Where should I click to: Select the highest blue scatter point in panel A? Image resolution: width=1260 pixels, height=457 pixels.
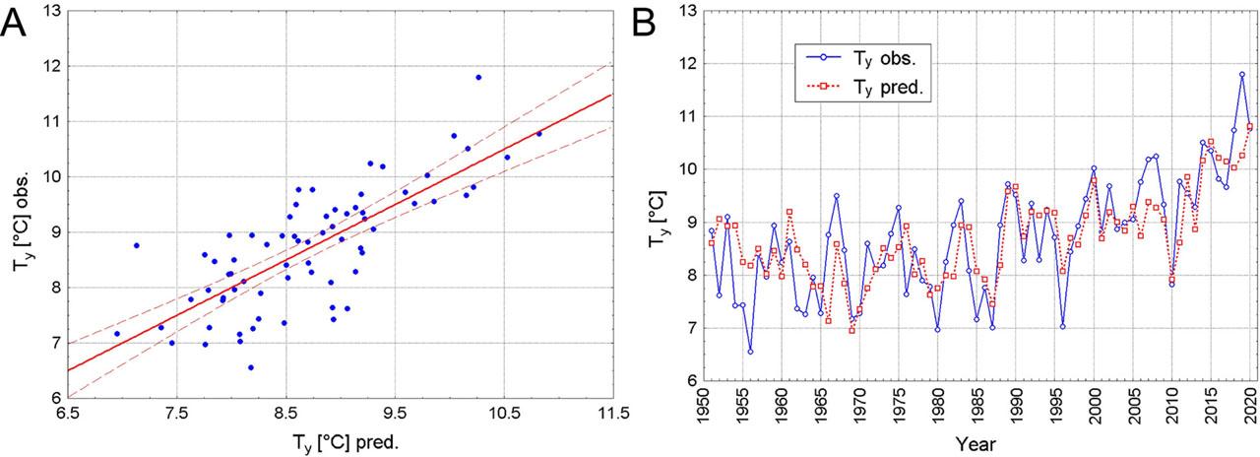coord(478,77)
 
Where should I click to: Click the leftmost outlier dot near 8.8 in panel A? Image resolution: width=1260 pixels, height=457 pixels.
coord(137,245)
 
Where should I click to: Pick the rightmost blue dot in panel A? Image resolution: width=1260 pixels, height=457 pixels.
coord(538,133)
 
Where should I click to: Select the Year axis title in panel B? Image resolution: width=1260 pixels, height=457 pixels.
coord(976,444)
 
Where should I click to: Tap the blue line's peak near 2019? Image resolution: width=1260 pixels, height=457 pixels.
coord(1242,74)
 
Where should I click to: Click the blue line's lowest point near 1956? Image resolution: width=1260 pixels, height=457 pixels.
coord(750,352)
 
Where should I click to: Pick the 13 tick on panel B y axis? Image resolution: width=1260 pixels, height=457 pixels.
coord(689,11)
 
